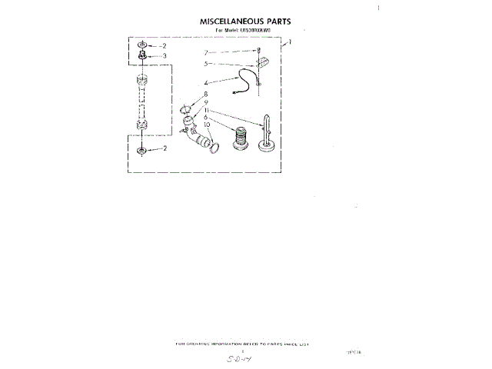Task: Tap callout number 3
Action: coord(164,56)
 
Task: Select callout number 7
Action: coord(205,52)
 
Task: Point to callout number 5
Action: coord(206,65)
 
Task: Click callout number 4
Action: coord(206,81)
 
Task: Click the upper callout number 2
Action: coord(164,46)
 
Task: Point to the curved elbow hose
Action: coord(197,134)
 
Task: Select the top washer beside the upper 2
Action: coord(142,46)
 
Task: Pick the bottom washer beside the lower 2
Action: coord(142,148)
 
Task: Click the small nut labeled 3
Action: coord(142,56)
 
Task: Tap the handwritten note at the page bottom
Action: coord(246,357)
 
